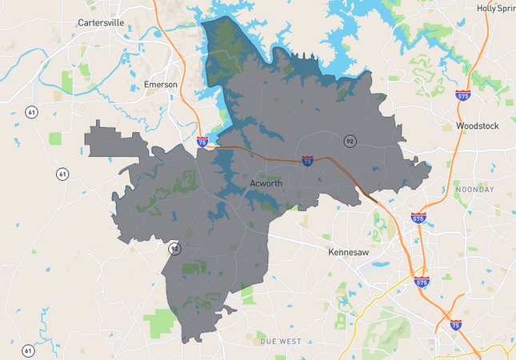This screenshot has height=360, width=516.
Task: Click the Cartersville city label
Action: pyautogui.click(x=102, y=23)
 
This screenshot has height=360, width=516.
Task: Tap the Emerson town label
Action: pyautogui.click(x=161, y=85)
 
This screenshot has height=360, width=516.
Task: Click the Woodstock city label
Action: pyautogui.click(x=477, y=126)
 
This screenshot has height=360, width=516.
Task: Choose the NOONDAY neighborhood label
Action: pyautogui.click(x=475, y=189)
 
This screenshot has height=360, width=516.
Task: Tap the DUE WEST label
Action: pyautogui.click(x=280, y=342)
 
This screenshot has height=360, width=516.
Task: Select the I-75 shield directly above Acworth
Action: pyautogui.click(x=308, y=161)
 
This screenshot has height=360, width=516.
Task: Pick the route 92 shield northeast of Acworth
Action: pyautogui.click(x=350, y=141)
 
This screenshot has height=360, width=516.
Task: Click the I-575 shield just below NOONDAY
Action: pyautogui.click(x=418, y=217)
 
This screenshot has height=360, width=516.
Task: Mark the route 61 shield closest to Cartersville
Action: pyautogui.click(x=30, y=111)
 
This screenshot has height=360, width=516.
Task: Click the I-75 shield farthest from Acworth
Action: pyautogui.click(x=455, y=325)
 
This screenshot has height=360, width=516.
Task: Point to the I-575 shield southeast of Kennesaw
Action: pyautogui.click(x=422, y=282)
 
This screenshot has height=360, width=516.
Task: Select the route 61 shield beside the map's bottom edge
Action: pyautogui.click(x=29, y=350)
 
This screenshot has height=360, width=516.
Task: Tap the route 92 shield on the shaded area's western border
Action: pyautogui.click(x=174, y=249)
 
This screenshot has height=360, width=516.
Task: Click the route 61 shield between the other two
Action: pyautogui.click(x=62, y=174)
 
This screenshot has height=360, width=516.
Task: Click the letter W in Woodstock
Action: pyautogui.click(x=460, y=126)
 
